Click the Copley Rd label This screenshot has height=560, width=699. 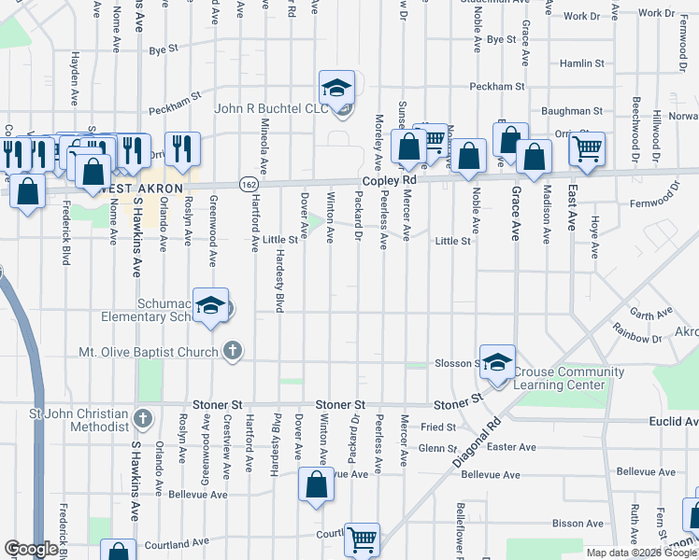click(x=389, y=179)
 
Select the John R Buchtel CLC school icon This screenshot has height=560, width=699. click(x=336, y=89)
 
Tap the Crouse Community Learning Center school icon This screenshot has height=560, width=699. click(x=498, y=360)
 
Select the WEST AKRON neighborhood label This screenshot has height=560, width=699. click(x=140, y=189)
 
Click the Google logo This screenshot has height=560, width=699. click(x=31, y=549)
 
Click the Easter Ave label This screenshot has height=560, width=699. click(x=512, y=447)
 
